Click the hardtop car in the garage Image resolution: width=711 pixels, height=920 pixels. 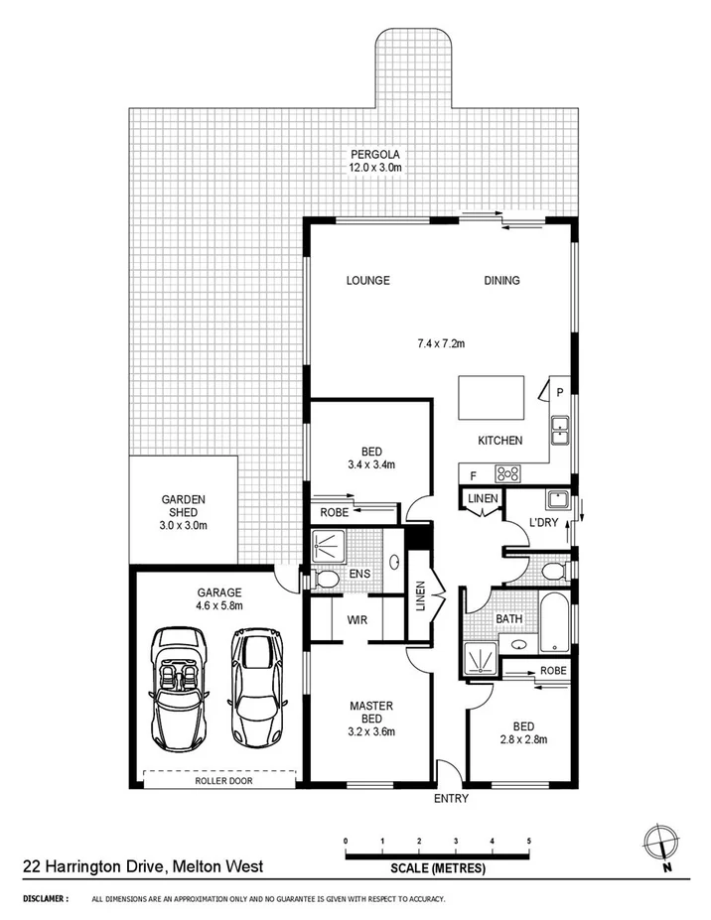(257, 686)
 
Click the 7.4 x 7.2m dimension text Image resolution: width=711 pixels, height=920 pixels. (441, 344)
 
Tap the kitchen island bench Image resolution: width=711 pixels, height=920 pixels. (489, 400)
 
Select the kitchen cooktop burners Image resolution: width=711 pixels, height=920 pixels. (507, 474)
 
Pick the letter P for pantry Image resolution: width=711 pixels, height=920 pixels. (559, 393)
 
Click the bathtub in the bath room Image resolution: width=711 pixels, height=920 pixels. (553, 622)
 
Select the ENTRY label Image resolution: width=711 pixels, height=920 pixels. (450, 799)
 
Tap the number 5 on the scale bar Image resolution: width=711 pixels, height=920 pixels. (529, 842)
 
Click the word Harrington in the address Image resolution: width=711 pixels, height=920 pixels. (85, 866)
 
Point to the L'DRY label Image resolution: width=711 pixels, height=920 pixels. (543, 522)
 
